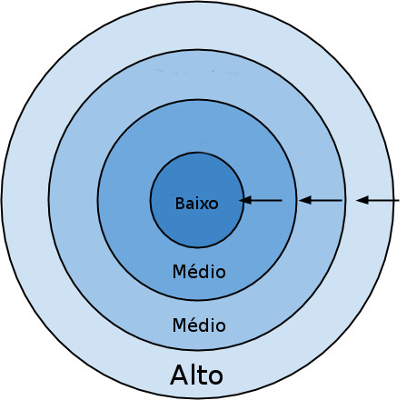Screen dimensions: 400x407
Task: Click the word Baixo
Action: tap(196, 204)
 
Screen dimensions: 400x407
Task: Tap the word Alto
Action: tap(196, 375)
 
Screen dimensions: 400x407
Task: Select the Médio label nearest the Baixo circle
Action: tap(198, 272)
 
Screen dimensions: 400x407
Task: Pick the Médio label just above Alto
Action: tap(198, 325)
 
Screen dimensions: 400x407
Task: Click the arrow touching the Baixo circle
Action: tap(262, 200)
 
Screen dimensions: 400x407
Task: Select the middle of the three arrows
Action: tap(321, 200)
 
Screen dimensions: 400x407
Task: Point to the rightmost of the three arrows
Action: tap(378, 200)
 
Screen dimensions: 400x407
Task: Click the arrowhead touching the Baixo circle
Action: tap(245, 200)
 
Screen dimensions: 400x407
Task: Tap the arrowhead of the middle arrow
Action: tap(305, 200)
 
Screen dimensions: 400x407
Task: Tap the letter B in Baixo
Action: tap(179, 204)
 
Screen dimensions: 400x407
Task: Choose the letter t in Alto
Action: tap(201, 375)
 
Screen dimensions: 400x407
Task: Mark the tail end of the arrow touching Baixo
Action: tap(281, 200)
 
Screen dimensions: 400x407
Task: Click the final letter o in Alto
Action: tap(214, 376)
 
